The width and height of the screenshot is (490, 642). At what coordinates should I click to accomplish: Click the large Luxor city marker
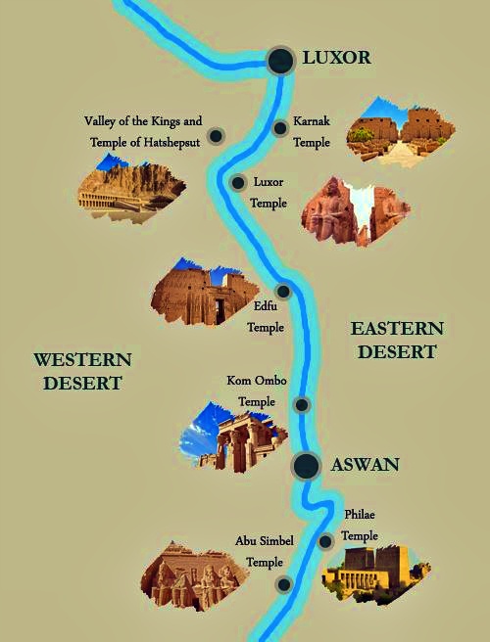(281, 61)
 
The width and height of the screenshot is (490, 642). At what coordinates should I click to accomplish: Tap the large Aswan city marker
(307, 466)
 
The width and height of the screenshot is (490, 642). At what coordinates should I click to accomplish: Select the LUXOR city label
(336, 58)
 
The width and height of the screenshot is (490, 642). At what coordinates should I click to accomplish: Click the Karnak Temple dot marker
(280, 127)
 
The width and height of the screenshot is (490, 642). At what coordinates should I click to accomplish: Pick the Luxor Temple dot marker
(238, 182)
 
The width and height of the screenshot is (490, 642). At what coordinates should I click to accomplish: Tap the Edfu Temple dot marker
(283, 292)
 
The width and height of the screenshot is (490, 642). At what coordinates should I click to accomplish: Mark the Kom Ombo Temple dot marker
(302, 404)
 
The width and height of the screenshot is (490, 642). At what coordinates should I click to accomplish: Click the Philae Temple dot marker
(325, 541)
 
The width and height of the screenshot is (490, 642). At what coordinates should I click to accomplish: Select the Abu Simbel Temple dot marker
(284, 585)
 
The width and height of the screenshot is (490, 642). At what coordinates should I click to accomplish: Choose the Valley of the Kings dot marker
(216, 135)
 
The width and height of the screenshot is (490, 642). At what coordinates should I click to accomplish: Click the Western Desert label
(81, 371)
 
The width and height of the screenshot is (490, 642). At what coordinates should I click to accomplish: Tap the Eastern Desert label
(397, 340)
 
